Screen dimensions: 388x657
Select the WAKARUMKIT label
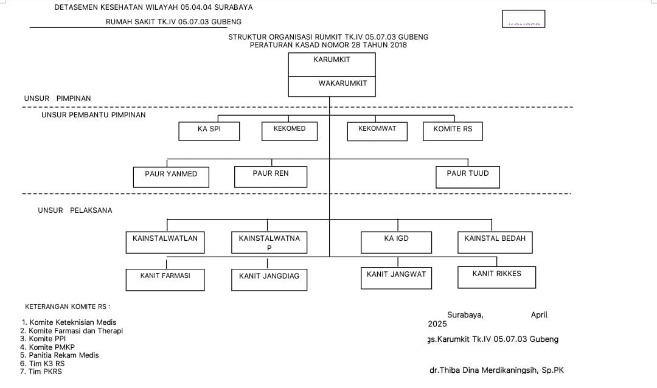click(x=342, y=83)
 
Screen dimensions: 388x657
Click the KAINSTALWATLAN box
click(x=165, y=242)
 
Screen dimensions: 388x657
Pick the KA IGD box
click(x=396, y=242)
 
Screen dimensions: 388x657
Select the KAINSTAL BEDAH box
click(x=495, y=241)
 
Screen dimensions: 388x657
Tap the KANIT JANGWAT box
click(x=396, y=277)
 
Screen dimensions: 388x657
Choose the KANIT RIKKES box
click(x=496, y=277)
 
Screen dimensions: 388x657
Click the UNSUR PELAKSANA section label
click(x=75, y=210)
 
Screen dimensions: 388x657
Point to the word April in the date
click(x=539, y=315)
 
